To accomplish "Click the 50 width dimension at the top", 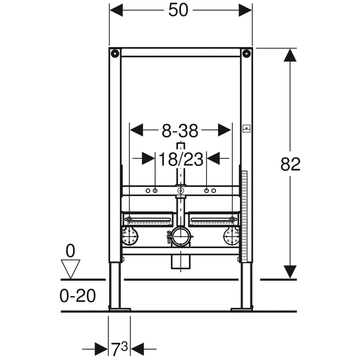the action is click(178, 10).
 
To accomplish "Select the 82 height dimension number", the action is click(290, 164).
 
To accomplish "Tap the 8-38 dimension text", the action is click(180, 131).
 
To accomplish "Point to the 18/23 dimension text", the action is click(181, 159).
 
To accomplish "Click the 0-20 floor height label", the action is click(78, 296).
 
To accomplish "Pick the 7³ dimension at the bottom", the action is click(120, 349).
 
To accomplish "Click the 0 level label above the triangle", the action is click(70, 251).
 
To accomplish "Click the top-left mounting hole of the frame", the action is click(115, 54).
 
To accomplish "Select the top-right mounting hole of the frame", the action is click(246, 54).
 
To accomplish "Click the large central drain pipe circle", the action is click(181, 237).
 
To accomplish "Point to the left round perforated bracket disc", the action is click(130, 236).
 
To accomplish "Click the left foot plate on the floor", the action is click(120, 309).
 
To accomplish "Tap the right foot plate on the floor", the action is click(242, 309).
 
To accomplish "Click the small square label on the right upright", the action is click(246, 128).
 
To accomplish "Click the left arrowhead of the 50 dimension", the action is click(116, 10).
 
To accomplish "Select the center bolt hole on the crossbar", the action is click(181, 191).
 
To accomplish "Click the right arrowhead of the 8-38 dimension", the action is click(225, 130).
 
